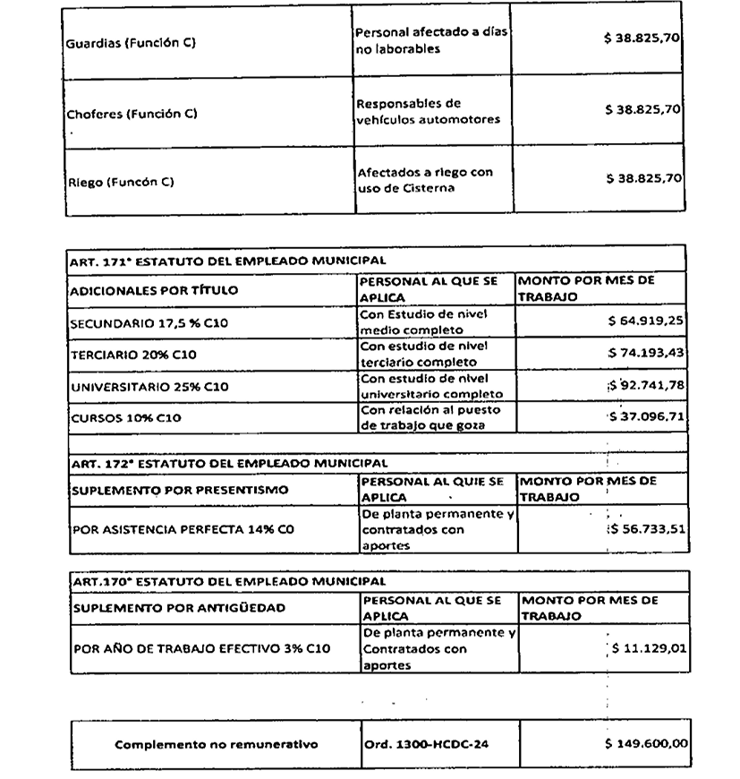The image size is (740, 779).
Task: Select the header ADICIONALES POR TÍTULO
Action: (x=153, y=290)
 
